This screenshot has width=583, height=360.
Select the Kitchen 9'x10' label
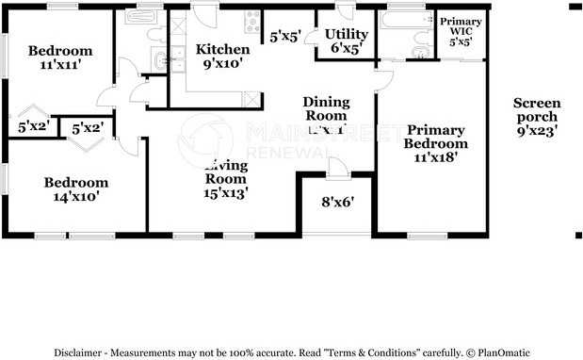pos(222,57)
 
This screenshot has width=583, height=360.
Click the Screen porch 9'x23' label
pos(537,118)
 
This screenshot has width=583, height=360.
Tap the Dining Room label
pos(326,109)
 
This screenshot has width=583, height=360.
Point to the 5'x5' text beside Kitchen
pos(285,38)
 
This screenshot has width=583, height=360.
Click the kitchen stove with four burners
pos(252,22)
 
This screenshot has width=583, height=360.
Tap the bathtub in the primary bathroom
pos(405,19)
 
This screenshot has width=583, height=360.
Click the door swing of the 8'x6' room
pos(338,168)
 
